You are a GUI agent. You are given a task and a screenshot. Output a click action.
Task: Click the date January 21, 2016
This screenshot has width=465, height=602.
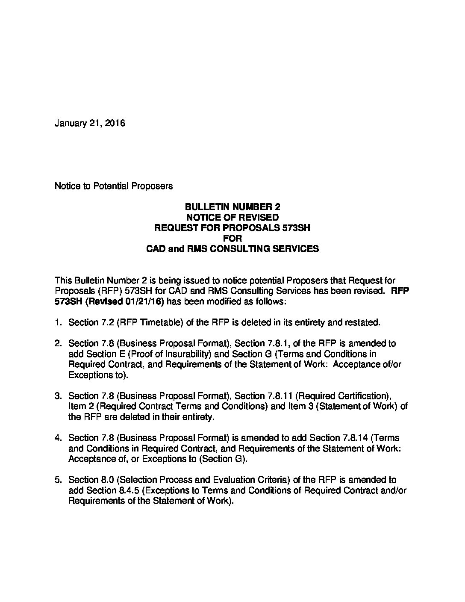click(x=90, y=124)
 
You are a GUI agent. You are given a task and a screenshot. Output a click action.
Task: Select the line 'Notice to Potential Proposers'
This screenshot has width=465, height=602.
click(x=114, y=186)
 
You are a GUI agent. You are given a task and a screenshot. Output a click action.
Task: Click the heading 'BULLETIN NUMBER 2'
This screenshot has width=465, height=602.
click(x=232, y=207)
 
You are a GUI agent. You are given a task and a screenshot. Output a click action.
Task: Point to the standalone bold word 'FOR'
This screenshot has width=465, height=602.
click(x=232, y=238)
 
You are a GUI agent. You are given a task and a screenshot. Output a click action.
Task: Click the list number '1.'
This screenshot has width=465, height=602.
click(x=59, y=322)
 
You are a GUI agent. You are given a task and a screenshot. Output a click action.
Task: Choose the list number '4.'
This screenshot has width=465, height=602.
click(x=59, y=438)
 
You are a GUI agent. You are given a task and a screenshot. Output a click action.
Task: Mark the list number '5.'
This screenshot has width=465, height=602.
click(x=59, y=480)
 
